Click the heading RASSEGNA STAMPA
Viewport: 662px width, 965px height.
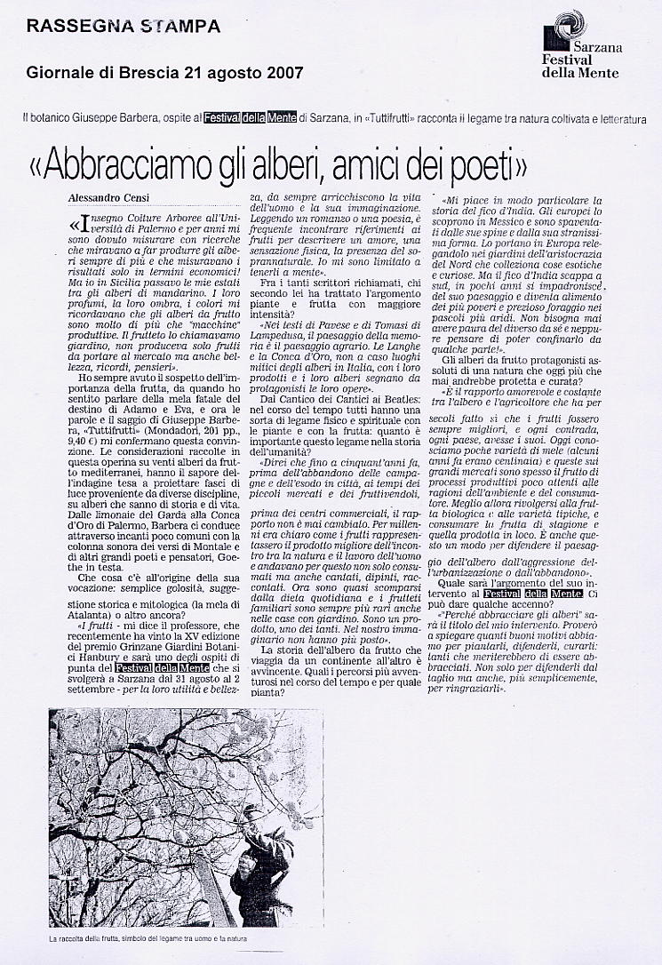[x=124, y=26]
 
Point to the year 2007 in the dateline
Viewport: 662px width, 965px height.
[x=282, y=72]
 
